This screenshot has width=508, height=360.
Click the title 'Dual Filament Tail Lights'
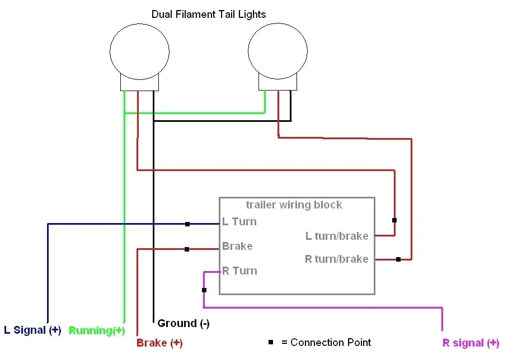209,14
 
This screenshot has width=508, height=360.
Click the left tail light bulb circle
139,51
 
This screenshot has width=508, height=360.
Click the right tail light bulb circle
277,51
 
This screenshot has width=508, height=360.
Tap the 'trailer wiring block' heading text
294,205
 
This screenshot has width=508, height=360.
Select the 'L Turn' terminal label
239,222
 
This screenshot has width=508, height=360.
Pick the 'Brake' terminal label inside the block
237,246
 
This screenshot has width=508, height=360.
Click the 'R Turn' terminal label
239,271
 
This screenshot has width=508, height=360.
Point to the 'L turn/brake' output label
337,236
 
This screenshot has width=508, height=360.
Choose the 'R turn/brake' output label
336,259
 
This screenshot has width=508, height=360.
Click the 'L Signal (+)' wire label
32,330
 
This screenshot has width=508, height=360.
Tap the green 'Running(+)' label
97,330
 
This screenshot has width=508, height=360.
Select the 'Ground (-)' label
184,323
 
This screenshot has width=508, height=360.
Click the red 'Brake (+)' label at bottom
159,343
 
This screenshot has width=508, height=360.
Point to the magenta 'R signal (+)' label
471,343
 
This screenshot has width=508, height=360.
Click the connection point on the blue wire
187,224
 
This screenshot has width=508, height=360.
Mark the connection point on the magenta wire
204,290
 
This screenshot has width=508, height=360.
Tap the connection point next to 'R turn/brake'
398,259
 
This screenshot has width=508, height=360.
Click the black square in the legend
271,342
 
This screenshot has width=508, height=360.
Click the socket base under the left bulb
139,83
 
